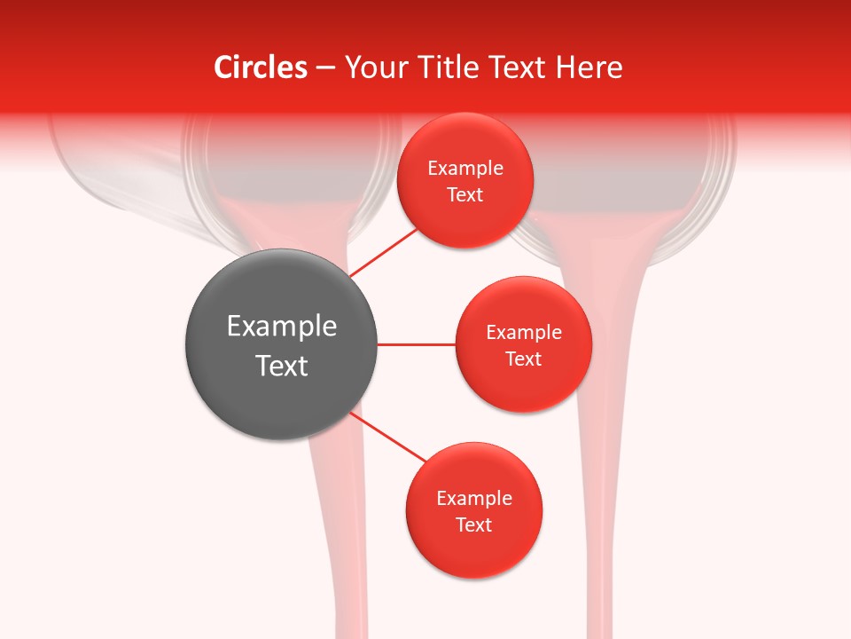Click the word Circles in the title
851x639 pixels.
[261, 67]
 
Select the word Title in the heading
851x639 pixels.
[452, 67]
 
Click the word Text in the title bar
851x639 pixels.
[520, 67]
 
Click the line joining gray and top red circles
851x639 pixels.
[383, 252]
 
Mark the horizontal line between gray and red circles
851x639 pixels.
[416, 344]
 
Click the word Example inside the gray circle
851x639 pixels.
[282, 327]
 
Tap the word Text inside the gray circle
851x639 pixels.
[282, 366]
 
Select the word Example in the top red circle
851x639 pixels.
[465, 169]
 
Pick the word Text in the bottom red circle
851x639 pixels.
[473, 525]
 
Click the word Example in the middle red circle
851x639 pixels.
[523, 333]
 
